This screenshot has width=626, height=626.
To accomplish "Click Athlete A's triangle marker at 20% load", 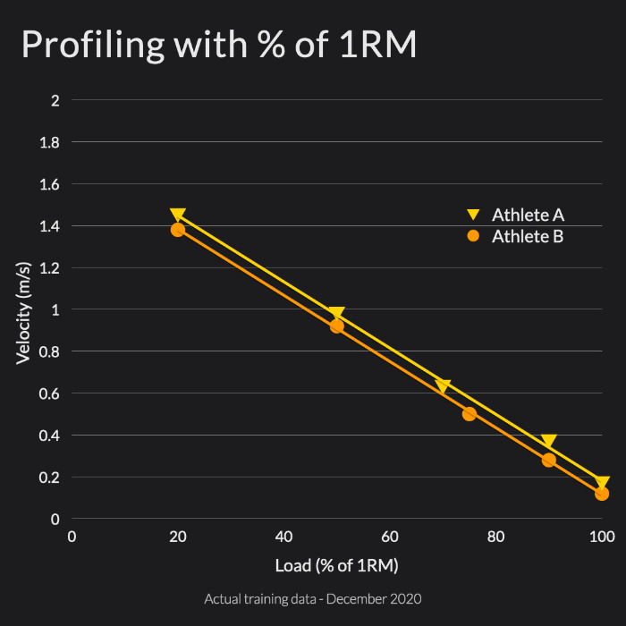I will tap(178, 216).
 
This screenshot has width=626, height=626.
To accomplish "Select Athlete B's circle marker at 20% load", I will tap(178, 230).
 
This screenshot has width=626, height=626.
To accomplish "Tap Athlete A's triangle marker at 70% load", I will tap(443, 386).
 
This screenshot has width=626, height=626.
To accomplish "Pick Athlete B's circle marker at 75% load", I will tap(469, 413).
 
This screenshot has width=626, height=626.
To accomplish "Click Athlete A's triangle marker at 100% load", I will tap(602, 483).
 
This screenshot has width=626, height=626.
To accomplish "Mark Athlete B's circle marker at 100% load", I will tap(602, 494).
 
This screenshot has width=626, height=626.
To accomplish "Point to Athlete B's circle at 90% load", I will tap(549, 460).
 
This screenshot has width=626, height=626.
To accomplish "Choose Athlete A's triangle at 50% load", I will tap(337, 314).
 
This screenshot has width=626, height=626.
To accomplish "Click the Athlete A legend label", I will tap(528, 215).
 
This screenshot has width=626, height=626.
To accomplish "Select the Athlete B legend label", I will tap(528, 236).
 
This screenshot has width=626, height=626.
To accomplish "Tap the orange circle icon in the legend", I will tap(474, 236).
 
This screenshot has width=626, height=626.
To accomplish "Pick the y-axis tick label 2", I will tap(55, 100).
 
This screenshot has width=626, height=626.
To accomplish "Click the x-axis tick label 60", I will tap(390, 537).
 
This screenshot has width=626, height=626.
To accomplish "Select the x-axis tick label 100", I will tap(602, 537).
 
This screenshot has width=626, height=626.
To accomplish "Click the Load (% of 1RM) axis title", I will tap(337, 565).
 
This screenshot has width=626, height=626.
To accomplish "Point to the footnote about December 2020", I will tap(313, 597).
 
